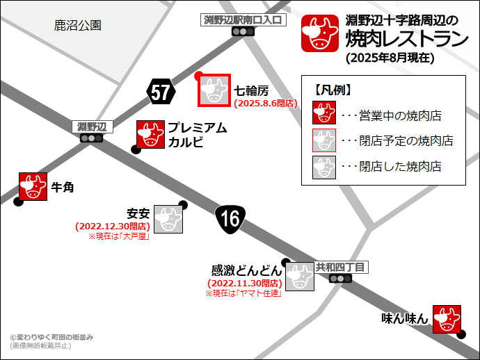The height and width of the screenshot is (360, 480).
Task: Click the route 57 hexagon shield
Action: click(160, 92)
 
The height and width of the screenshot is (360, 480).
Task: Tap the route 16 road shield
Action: click(228, 219)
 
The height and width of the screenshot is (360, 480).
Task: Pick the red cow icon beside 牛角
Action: click(33, 186)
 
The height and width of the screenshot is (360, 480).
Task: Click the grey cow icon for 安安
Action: click(168, 219)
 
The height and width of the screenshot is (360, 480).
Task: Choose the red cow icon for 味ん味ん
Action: click(447, 319)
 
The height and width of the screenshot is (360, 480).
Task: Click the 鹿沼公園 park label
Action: click(78, 26)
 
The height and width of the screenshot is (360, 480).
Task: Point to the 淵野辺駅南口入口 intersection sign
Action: click(243, 19)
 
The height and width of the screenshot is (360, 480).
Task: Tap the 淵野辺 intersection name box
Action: click(92, 126)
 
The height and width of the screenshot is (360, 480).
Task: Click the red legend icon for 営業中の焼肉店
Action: click(324, 115)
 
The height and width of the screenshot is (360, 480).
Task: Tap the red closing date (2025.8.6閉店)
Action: click(266, 103)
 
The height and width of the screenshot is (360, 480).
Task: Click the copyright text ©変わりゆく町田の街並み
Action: click(51, 337)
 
